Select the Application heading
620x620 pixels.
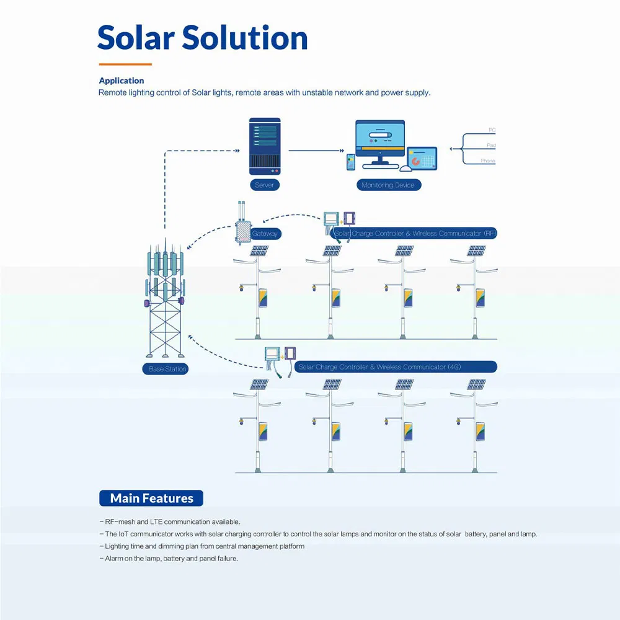coord(122,81)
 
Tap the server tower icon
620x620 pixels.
coord(265,146)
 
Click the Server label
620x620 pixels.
coord(264,185)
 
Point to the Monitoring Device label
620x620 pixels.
coord(388,185)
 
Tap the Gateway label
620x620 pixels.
coord(265,234)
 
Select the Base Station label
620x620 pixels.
coord(167,369)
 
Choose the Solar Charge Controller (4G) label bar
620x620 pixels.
coord(396,367)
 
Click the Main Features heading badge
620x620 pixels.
coord(151,498)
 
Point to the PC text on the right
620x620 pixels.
coord(492,130)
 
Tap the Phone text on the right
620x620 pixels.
coord(488,161)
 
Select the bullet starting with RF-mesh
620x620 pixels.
coord(170,522)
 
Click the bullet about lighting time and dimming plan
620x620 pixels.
coord(202,546)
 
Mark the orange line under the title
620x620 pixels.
coord(125,64)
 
